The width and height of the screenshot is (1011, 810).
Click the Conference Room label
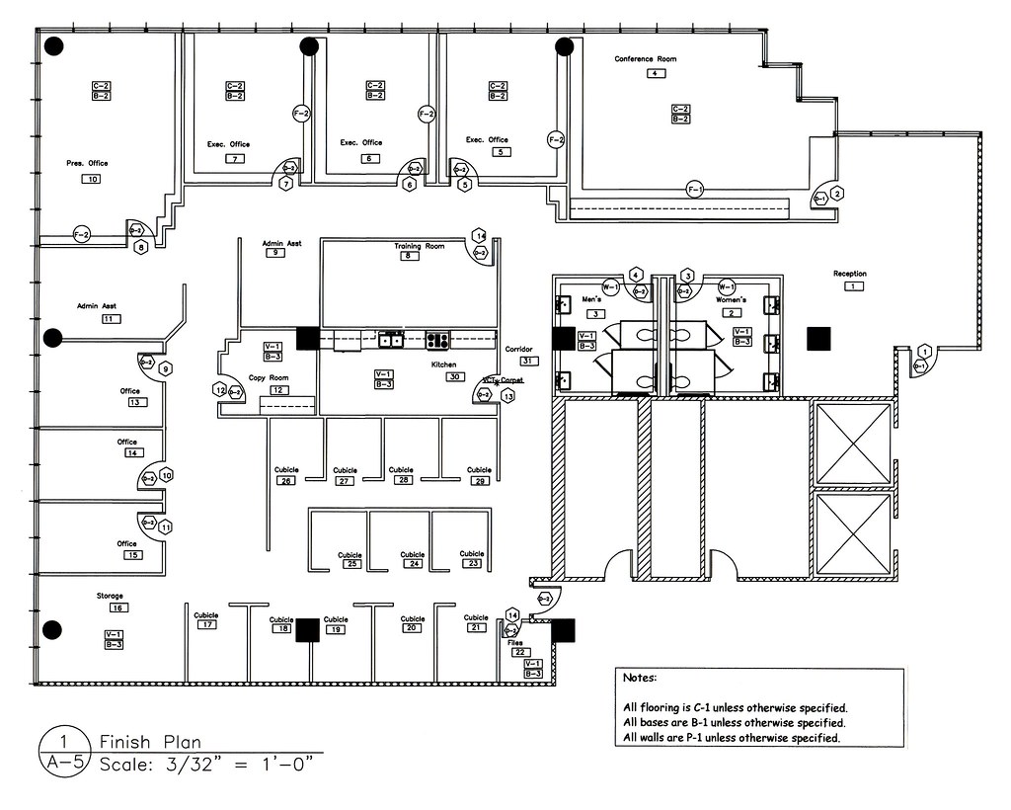[x=646, y=59]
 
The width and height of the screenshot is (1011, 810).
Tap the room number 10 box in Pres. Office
[x=93, y=179]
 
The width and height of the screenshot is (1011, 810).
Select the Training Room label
[x=420, y=246]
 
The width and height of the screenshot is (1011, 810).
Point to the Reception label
[x=849, y=274]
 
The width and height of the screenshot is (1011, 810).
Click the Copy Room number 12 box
[x=278, y=390]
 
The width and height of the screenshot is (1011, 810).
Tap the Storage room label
[x=109, y=596]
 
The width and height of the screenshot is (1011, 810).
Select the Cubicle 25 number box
[x=350, y=564]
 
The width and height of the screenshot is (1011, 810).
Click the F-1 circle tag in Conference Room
[x=694, y=189]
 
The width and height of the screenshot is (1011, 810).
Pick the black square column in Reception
[x=818, y=339]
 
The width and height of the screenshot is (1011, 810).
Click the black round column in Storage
[x=53, y=629]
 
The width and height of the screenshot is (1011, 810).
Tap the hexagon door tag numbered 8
[x=141, y=247]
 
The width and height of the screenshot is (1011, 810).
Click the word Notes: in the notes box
[x=640, y=679]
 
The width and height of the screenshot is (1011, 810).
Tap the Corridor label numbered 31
[x=518, y=350]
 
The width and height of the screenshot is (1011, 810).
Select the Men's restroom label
[x=591, y=299]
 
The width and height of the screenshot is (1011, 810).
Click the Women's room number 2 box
[x=732, y=312]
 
